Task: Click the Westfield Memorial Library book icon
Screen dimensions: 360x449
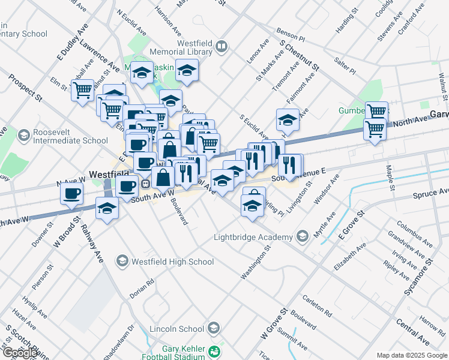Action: [x=222, y=46]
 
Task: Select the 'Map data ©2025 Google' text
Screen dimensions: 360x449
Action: [x=411, y=355]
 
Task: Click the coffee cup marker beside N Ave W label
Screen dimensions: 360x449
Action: [x=71, y=193]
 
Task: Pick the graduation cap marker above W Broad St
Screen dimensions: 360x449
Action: [x=107, y=208]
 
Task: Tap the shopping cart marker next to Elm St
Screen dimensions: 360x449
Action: [x=83, y=91]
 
